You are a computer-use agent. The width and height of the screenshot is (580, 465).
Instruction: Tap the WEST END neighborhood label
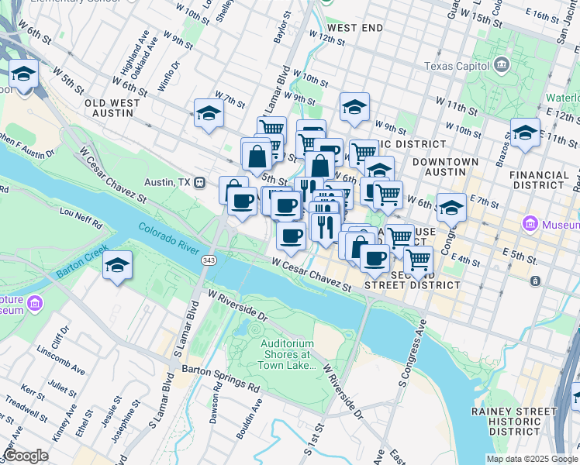[x=360, y=28]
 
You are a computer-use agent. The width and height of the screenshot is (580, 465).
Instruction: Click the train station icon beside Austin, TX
[x=200, y=182]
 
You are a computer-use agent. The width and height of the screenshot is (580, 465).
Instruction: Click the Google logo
[x=26, y=455]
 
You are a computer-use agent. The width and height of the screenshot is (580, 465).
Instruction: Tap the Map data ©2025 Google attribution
[x=532, y=459]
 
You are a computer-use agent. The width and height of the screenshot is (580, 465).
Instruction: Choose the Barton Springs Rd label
[x=219, y=379]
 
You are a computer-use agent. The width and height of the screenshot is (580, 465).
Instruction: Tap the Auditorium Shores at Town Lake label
[x=286, y=354]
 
